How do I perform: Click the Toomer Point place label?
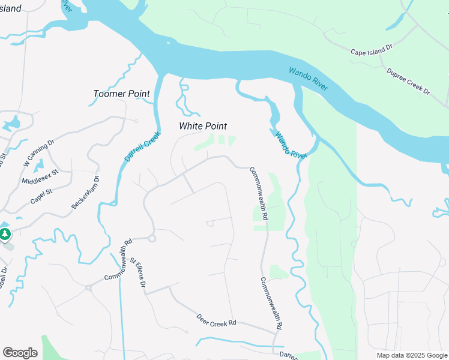point(122,94)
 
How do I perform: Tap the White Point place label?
point(203,126)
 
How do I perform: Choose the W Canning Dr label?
point(38,152)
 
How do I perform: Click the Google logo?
point(20,353)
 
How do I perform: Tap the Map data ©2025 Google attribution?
point(411,355)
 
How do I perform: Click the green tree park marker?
point(5,233)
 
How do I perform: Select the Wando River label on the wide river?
point(308,79)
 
